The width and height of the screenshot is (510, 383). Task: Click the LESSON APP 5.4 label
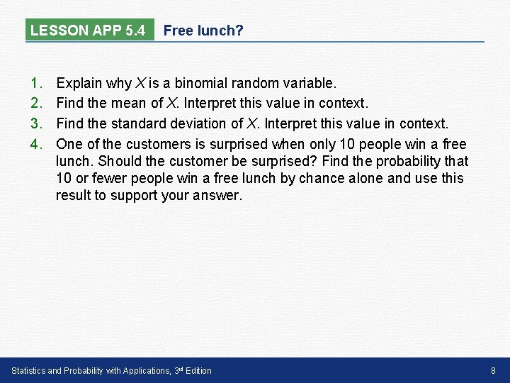click(88, 30)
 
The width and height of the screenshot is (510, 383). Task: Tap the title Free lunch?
click(203, 30)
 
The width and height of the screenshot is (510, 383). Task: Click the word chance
click(320, 178)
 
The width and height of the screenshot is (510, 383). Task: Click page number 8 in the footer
click(493, 370)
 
